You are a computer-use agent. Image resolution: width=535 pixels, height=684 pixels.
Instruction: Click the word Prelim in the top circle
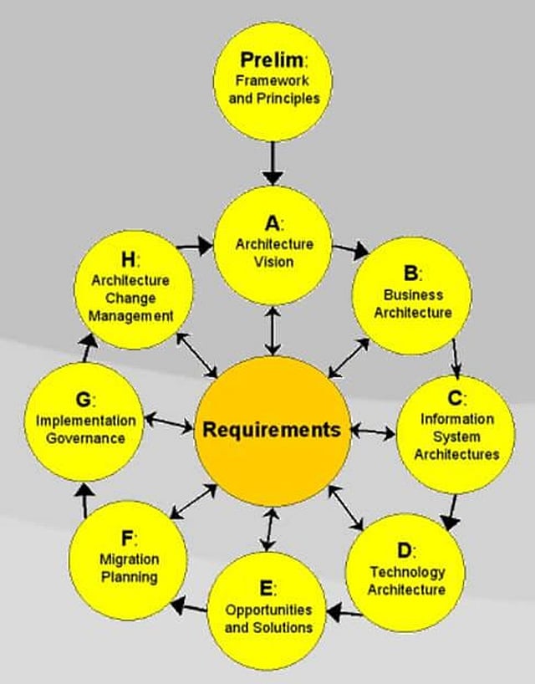[x=271, y=59]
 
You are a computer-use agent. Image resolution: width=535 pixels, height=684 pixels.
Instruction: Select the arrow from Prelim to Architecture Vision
[x=273, y=163]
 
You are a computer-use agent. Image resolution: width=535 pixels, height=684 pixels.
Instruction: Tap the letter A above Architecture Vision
[x=272, y=223]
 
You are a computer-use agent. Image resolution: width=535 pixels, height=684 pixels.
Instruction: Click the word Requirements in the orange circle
[x=272, y=430]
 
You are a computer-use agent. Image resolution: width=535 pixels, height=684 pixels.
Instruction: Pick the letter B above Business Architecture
[x=410, y=273]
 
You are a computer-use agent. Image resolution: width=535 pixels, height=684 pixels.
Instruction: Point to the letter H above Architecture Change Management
[x=129, y=259]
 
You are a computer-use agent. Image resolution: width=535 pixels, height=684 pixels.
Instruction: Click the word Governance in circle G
[x=85, y=438]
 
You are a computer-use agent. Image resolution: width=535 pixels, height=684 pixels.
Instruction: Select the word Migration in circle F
[x=129, y=559]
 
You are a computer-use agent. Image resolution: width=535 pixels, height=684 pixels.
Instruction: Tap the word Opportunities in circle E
[x=268, y=610]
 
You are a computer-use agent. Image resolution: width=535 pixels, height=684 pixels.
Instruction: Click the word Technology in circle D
[x=408, y=572]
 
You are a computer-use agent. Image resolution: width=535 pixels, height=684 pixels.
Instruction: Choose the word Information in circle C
[x=457, y=419]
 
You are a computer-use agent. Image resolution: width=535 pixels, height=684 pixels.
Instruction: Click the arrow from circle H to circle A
[x=195, y=247]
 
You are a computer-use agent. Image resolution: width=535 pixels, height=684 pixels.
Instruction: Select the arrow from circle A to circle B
[x=350, y=250]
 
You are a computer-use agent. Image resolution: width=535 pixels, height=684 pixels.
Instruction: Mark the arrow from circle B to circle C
[x=456, y=359]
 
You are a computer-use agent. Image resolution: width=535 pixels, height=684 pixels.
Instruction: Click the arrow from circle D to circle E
[x=344, y=613]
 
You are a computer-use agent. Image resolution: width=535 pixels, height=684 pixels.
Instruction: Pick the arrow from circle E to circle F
[x=188, y=607]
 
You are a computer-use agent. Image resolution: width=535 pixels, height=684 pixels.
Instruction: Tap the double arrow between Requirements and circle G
[x=168, y=423]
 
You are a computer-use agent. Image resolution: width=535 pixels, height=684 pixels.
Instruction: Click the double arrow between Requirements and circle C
[x=373, y=431]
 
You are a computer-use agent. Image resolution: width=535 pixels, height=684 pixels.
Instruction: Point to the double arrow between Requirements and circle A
[x=273, y=330]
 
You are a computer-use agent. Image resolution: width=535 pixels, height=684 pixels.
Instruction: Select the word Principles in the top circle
[x=288, y=99]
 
